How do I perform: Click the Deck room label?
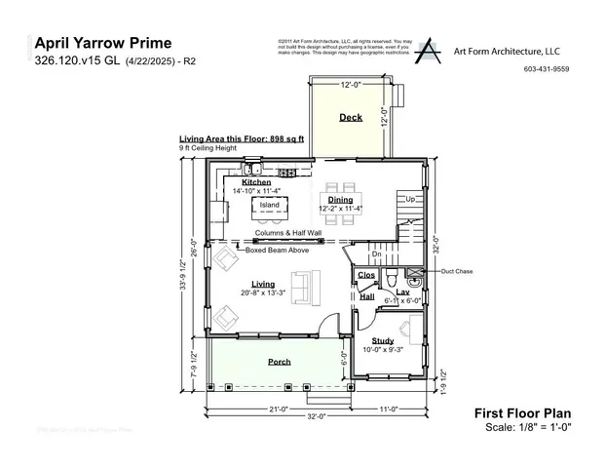coord(350,118)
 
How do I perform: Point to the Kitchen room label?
coord(256,182)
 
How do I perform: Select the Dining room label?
coord(340,199)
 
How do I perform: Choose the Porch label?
coord(280,361)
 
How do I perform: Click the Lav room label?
coord(402,292)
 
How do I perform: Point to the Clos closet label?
coord(367,276)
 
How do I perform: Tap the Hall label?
coord(367,296)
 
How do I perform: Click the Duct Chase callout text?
coord(456,271)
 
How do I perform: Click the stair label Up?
coord(410,199)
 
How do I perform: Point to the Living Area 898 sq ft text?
coord(242,139)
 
